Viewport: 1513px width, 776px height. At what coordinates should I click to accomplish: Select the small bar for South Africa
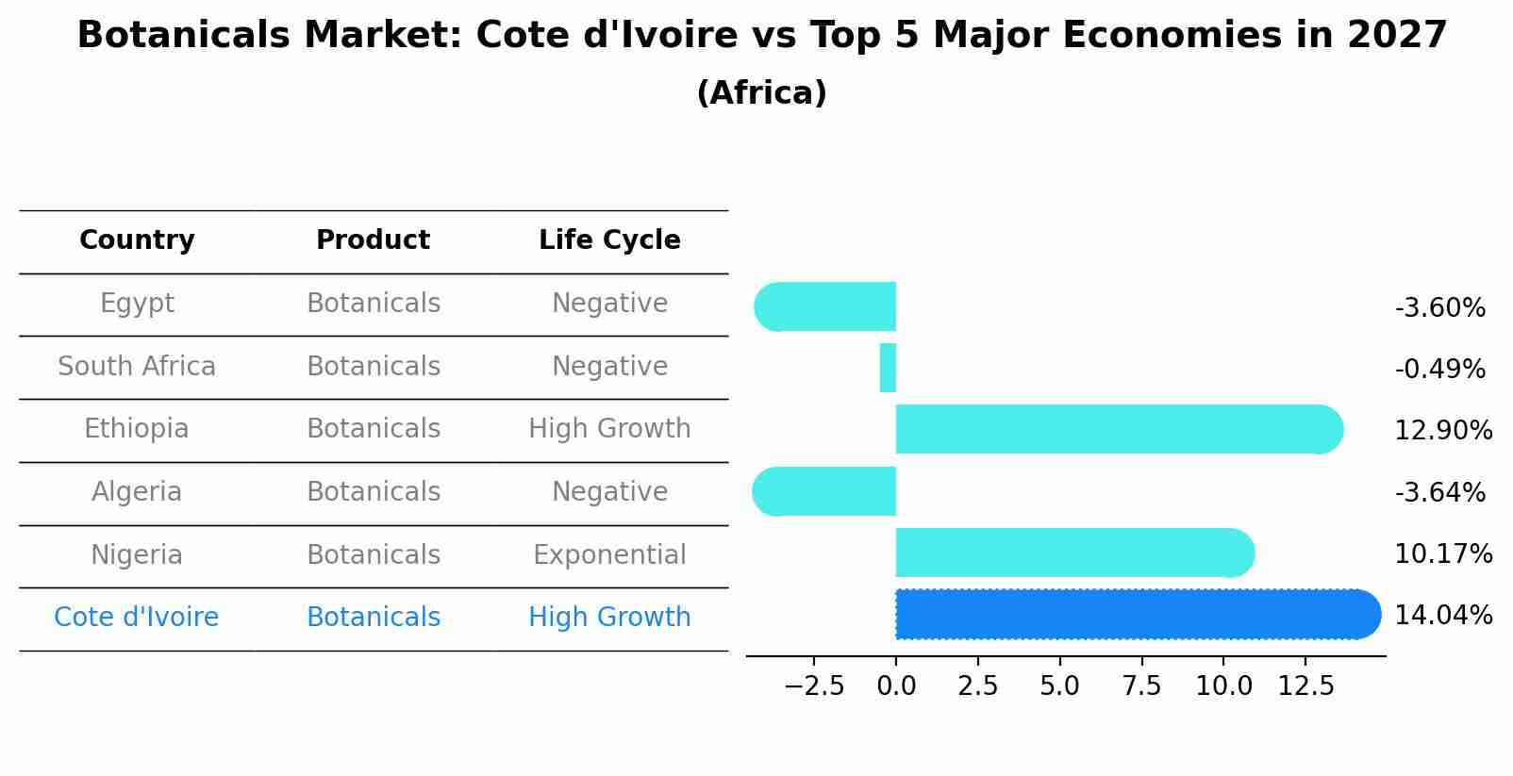[888, 368]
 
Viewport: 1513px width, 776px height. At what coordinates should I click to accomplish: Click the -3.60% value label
[1439, 308]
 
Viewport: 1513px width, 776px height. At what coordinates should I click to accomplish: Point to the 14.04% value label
[1443, 616]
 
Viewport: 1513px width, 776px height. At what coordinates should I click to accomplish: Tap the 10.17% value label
[1443, 554]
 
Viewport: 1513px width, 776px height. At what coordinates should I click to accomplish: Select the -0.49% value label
[1439, 370]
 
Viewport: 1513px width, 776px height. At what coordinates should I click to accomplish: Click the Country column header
[137, 240]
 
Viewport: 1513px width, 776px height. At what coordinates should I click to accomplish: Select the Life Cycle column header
[609, 240]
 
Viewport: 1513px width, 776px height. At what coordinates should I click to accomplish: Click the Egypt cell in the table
[137, 304]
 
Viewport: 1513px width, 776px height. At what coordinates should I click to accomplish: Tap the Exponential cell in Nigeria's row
[609, 554]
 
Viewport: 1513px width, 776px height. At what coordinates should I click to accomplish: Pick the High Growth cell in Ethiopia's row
[609, 429]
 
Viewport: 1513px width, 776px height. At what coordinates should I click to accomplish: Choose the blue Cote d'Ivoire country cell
[137, 618]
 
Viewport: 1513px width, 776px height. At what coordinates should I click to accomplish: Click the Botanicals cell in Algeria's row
[374, 492]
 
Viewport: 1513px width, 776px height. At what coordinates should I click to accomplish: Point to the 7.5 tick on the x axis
[1141, 685]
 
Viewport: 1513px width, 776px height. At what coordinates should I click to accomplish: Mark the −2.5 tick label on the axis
[814, 685]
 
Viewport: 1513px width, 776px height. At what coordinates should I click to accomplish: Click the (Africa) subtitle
[761, 93]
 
